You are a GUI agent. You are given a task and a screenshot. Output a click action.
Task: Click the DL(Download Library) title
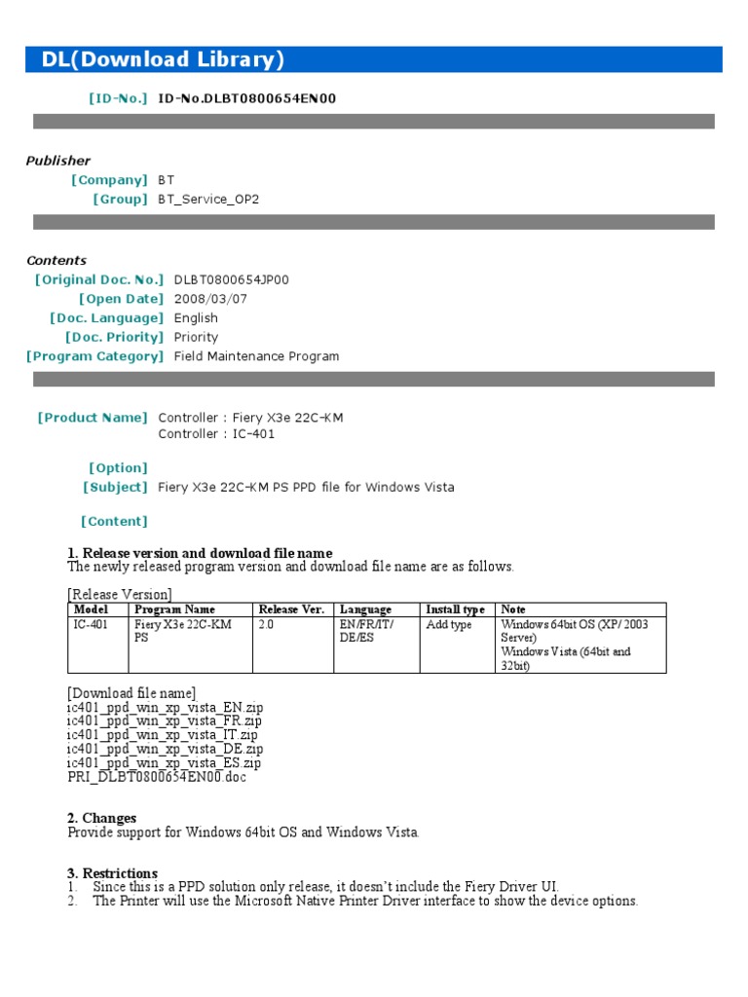pyautogui.click(x=163, y=59)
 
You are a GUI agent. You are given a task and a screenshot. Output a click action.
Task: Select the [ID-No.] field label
pyautogui.click(x=118, y=98)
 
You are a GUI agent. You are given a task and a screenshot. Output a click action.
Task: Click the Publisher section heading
pyautogui.click(x=57, y=161)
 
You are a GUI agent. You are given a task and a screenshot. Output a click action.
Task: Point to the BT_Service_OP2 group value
pyautogui.click(x=208, y=199)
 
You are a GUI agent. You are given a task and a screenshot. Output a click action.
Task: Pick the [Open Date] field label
pyautogui.click(x=121, y=299)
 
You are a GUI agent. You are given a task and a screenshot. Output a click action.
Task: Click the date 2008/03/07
pyautogui.click(x=204, y=299)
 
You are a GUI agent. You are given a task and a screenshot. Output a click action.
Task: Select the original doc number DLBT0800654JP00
pyautogui.click(x=231, y=279)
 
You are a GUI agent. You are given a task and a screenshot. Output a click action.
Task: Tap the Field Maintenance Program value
pyautogui.click(x=256, y=356)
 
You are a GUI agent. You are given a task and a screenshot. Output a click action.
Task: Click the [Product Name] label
pyautogui.click(x=93, y=418)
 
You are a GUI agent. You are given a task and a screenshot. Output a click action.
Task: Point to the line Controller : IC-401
pyautogui.click(x=216, y=434)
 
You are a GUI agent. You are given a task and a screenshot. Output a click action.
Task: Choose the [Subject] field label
pyautogui.click(x=115, y=487)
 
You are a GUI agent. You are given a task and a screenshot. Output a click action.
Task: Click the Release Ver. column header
pyautogui.click(x=290, y=609)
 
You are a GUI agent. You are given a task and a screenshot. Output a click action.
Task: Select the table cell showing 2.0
pyautogui.click(x=267, y=624)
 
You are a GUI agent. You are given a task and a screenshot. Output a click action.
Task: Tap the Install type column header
pyautogui.click(x=455, y=609)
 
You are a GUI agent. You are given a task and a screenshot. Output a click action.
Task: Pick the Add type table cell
pyautogui.click(x=448, y=624)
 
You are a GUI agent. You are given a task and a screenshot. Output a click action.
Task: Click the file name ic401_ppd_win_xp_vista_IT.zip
pyautogui.click(x=163, y=735)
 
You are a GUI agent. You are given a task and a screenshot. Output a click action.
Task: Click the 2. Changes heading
pyautogui.click(x=101, y=818)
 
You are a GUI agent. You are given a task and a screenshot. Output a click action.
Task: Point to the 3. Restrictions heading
pyautogui.click(x=112, y=873)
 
